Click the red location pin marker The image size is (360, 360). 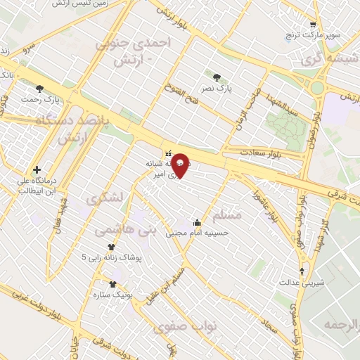click(x=181, y=165)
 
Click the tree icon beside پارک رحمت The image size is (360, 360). click(x=39, y=88)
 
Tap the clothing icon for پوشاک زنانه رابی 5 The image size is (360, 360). click(x=110, y=247)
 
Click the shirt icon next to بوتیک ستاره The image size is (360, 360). click(x=112, y=284)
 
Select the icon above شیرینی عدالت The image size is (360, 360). click(x=303, y=271)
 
